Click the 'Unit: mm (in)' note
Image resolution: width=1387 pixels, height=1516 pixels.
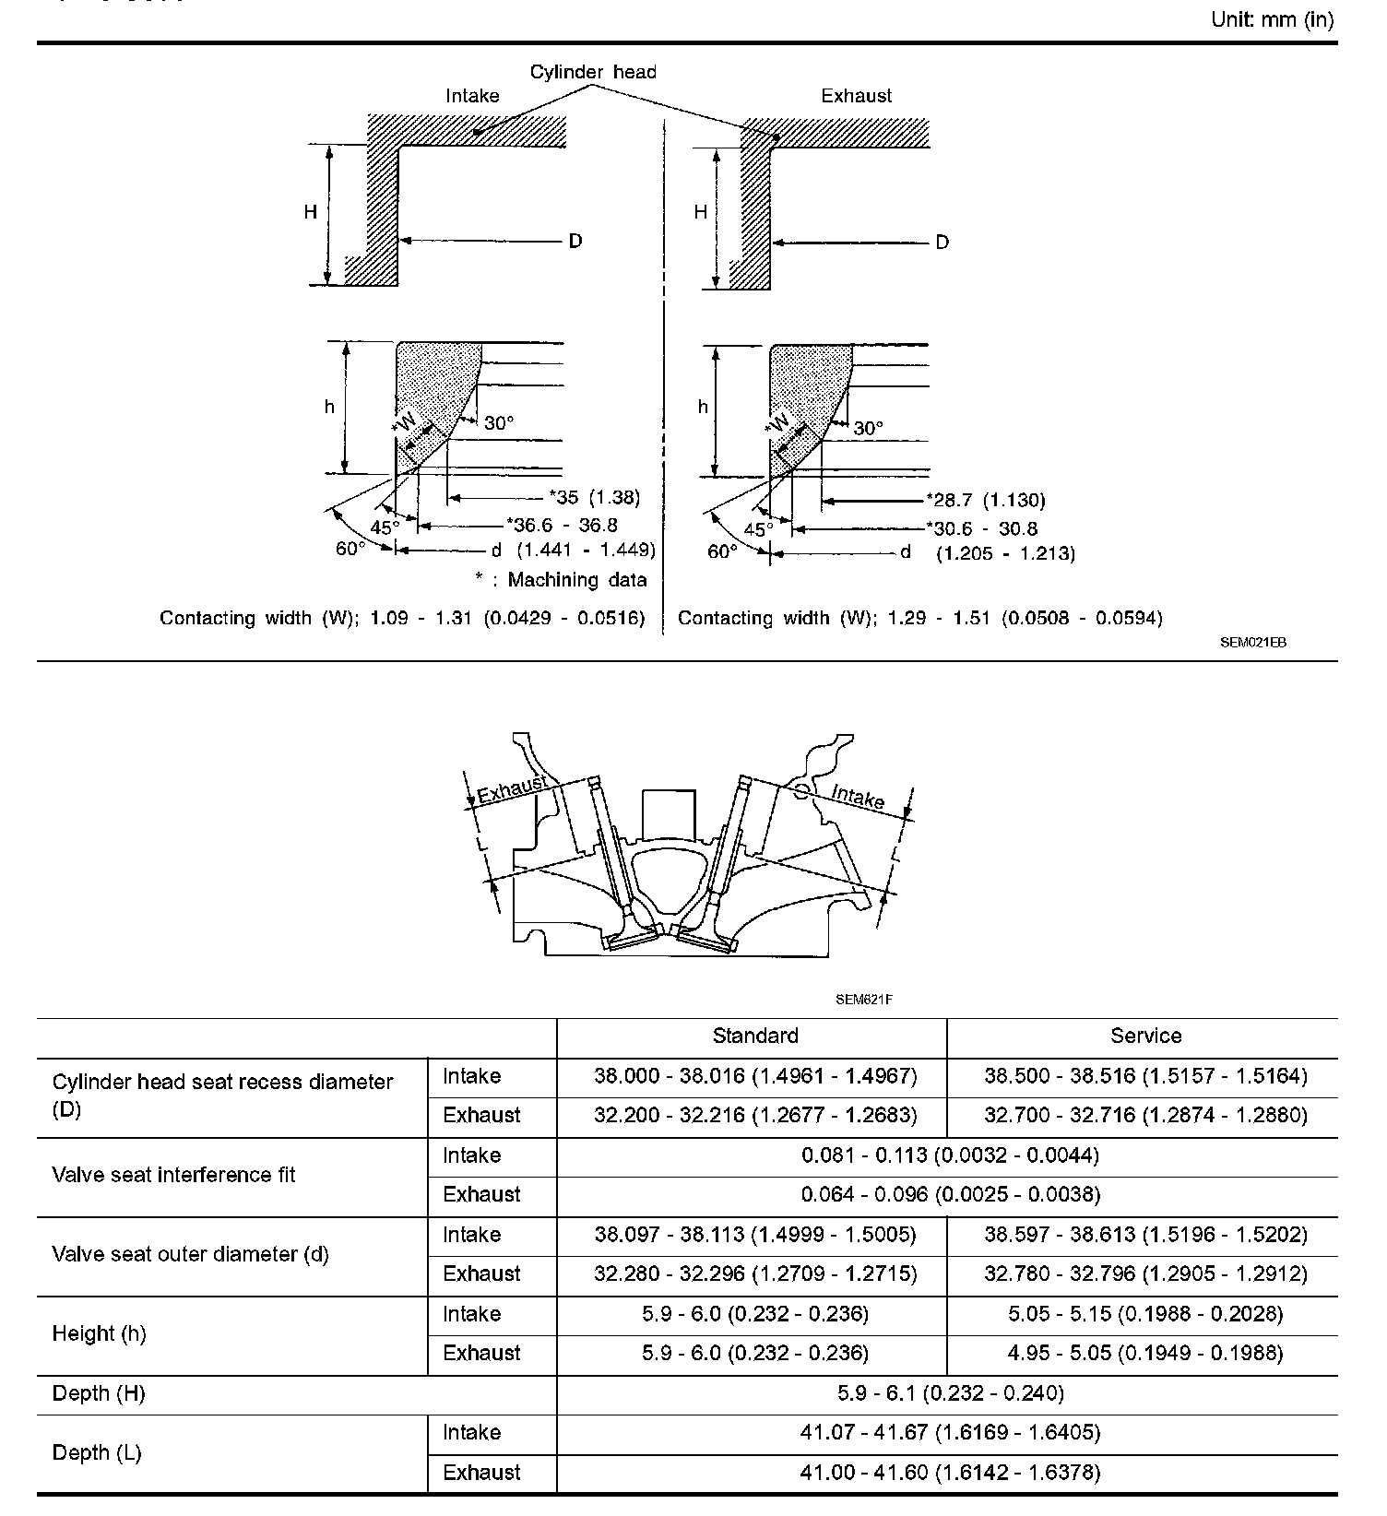tap(1272, 19)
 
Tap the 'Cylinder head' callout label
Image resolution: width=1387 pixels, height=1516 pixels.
tap(593, 72)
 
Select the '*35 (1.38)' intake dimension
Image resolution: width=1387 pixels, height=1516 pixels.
tap(594, 498)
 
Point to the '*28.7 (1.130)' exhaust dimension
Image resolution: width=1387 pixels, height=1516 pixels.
tap(986, 501)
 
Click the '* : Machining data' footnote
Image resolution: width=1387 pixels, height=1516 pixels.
tap(561, 580)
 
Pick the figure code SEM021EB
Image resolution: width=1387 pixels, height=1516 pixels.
tap(1252, 643)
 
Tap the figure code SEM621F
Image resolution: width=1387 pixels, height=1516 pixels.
tap(864, 999)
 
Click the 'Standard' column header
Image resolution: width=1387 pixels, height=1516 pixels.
tap(755, 1036)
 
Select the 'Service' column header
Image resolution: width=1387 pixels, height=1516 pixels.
tap(1145, 1036)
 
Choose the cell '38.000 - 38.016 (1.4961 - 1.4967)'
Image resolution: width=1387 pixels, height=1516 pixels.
tap(755, 1076)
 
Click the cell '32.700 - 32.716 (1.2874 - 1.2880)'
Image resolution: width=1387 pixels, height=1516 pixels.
tap(1145, 1115)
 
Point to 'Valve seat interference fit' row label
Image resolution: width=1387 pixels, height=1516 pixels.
tap(174, 1175)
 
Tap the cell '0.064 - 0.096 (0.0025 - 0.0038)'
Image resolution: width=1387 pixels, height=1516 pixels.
tap(951, 1194)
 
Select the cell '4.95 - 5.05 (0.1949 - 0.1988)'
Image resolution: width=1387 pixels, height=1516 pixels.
tap(1145, 1353)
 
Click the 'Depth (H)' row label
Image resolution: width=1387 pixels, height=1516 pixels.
tap(99, 1393)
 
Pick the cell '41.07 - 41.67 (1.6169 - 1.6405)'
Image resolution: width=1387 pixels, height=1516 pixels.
tap(951, 1432)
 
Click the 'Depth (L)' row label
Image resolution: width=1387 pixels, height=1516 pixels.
tap(97, 1452)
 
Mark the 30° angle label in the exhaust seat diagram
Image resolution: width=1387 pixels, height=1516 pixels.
tap(868, 429)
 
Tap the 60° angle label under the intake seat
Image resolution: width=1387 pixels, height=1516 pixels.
tap(350, 549)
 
